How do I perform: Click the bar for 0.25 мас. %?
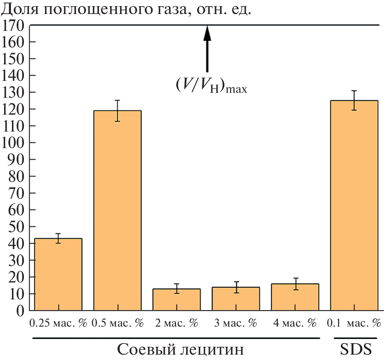[58, 274]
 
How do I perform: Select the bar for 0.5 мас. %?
[117, 210]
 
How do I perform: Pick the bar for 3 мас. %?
[236, 299]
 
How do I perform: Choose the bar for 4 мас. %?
[295, 297]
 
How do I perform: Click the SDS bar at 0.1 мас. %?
[354, 205]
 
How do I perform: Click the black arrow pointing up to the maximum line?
[207, 49]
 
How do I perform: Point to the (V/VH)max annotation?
[211, 85]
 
